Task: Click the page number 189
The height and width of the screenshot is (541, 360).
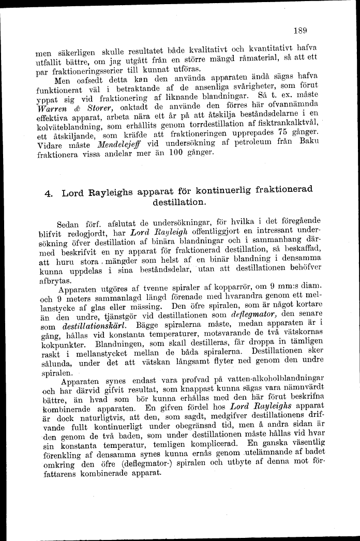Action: (x=300, y=30)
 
